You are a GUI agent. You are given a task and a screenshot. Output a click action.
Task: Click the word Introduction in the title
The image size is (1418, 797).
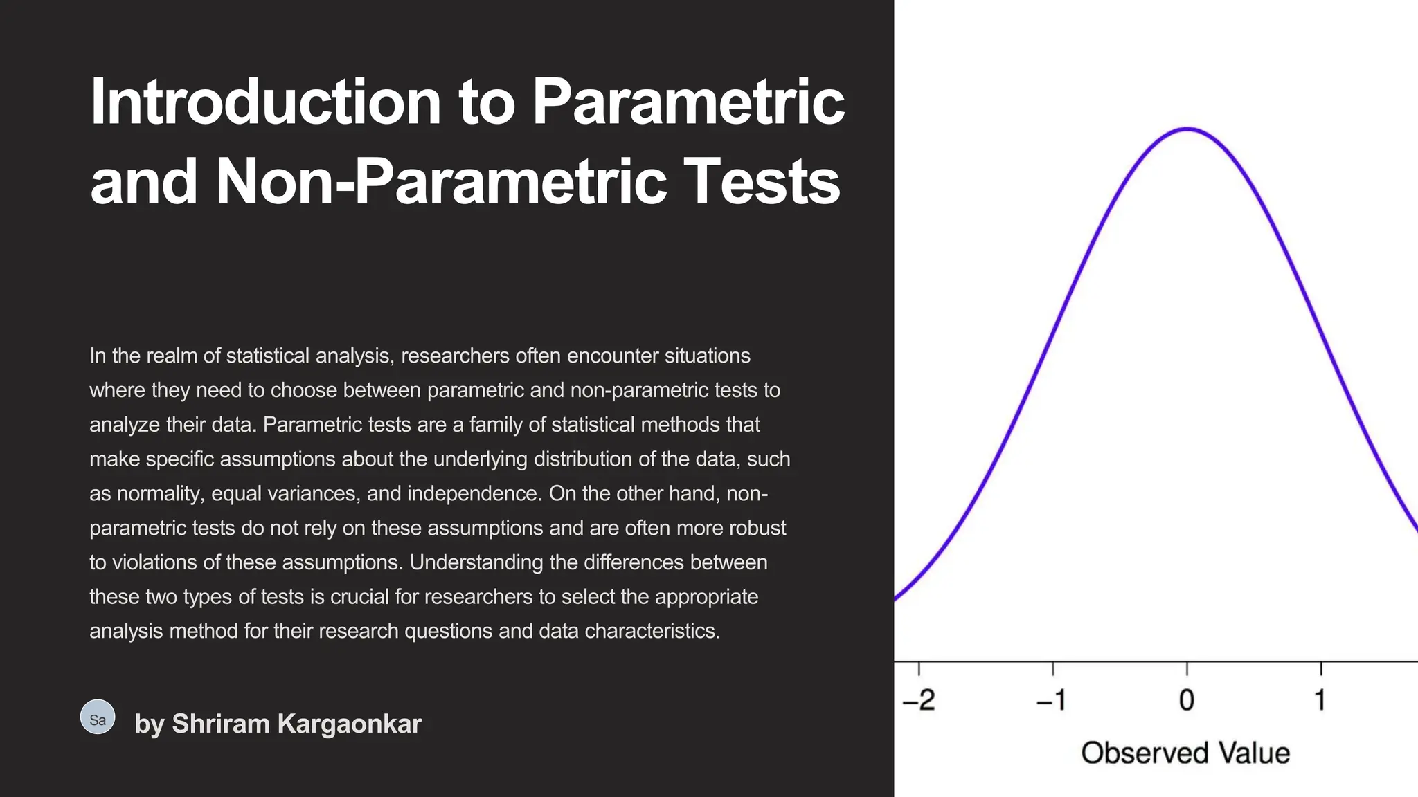coord(266,102)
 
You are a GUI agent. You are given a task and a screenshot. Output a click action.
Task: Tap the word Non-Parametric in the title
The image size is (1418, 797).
coord(441,182)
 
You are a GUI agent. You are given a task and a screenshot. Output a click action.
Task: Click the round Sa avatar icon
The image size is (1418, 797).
coord(98,717)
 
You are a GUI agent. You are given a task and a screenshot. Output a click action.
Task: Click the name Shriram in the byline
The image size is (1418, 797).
coord(221,724)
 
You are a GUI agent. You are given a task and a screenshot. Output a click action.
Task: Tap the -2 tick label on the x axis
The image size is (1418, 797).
coord(919,700)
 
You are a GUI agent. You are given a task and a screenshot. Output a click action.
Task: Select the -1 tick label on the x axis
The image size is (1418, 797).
coord(1052,700)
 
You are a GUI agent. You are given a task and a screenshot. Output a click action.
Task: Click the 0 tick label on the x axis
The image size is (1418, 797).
coord(1187,700)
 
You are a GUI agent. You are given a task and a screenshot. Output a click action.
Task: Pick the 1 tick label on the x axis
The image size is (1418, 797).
coord(1320,700)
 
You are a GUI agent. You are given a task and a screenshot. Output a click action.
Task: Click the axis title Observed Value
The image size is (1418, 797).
coord(1185,753)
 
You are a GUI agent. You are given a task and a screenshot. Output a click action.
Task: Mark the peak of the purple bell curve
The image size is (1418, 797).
coord(1187,129)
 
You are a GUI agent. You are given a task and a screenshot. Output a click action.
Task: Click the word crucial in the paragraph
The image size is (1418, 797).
coord(359,597)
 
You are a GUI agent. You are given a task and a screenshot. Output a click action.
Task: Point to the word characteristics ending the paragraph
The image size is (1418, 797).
coord(652,631)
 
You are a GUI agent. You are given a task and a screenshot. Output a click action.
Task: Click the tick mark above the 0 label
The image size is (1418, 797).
coord(1187,668)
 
